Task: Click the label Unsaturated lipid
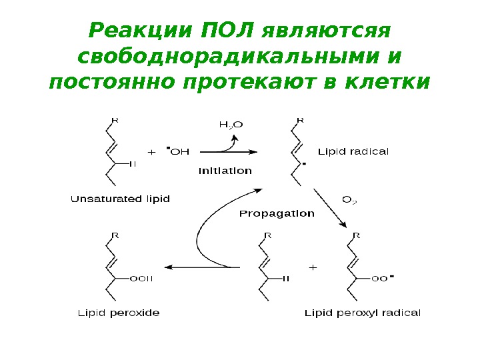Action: [x=121, y=199]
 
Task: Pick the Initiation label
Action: [x=225, y=171]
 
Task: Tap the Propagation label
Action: [x=277, y=214]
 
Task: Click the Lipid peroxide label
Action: [x=119, y=312]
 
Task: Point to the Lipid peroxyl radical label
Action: [x=363, y=312]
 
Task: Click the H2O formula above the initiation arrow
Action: [x=231, y=124]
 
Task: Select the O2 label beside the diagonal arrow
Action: [x=349, y=199]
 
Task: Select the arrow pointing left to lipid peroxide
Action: [x=200, y=267]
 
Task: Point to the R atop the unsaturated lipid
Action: [x=115, y=120]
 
